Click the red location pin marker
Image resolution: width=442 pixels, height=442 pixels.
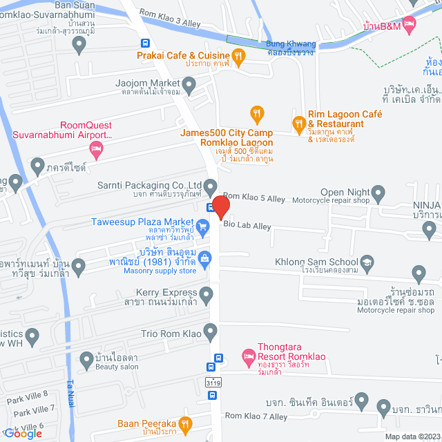pos(220,207)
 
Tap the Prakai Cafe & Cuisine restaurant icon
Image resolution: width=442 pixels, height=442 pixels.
pos(239,56)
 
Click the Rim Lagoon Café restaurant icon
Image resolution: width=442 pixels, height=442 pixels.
pos(299,125)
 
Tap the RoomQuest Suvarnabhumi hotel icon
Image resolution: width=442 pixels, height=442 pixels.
pos(97,150)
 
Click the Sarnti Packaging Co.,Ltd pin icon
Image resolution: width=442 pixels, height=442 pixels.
pos(211,185)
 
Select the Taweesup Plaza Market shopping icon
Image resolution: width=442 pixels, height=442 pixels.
pos(202,226)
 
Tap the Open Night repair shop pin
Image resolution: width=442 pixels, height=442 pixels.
pos(378,192)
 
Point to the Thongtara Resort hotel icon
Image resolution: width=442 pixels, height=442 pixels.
pos(248,357)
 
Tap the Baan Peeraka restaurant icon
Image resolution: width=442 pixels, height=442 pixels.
pos(184,424)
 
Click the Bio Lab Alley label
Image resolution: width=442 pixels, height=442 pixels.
pos(247,226)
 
